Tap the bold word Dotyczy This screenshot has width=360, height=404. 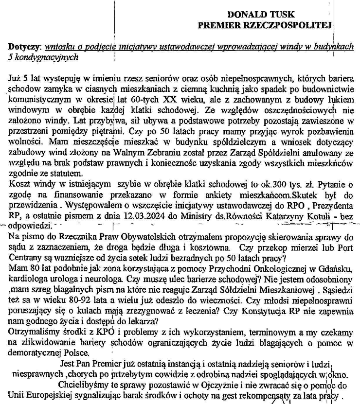24,47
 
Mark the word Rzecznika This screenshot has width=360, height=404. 61,237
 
